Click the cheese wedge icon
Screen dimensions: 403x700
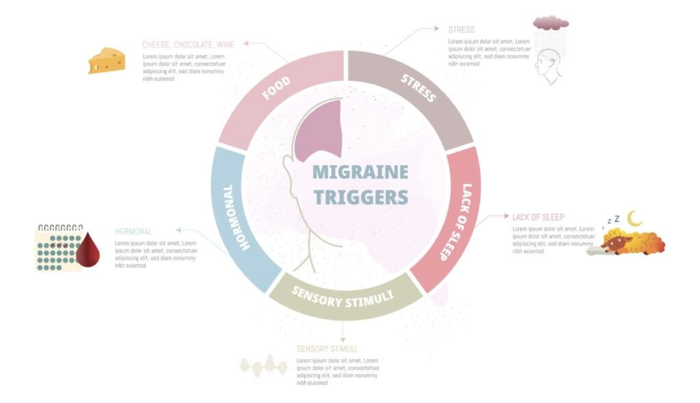107,60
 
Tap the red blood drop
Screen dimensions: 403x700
87,250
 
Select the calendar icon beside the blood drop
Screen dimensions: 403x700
57,248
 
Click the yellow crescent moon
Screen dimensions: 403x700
636,218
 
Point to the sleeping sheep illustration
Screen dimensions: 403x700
630,242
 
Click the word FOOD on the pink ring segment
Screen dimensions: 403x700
276,88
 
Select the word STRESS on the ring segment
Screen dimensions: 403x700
418,88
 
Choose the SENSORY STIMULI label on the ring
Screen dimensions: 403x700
342,296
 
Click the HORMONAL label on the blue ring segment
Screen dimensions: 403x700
237,216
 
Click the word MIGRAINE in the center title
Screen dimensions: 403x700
360,172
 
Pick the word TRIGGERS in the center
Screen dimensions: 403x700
360,197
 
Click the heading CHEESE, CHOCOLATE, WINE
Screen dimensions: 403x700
188,44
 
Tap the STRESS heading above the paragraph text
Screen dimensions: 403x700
461,30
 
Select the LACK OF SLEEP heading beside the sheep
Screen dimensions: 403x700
538,218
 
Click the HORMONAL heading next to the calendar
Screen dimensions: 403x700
133,231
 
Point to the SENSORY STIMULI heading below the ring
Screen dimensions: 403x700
326,348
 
